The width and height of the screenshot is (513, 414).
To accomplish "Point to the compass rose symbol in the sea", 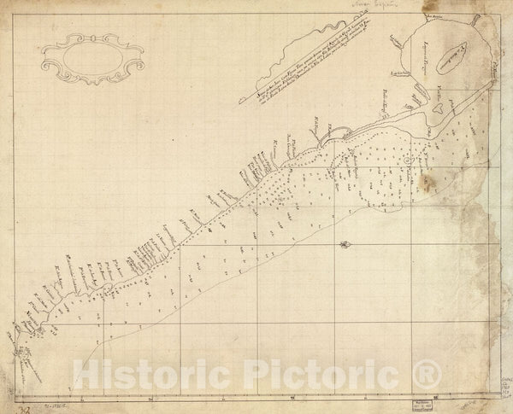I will point(343,246).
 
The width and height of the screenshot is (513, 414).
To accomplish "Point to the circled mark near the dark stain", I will point(408,160).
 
